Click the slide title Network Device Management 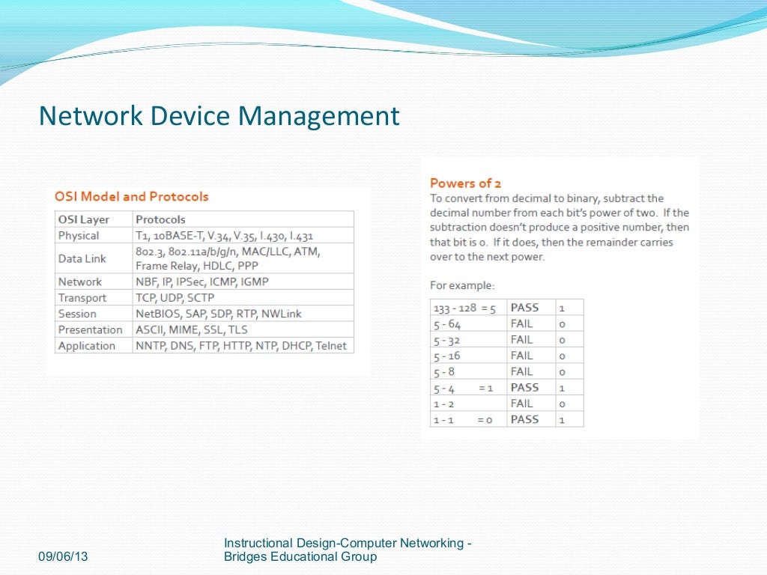[x=219, y=117]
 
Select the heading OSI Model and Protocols [x=132, y=197]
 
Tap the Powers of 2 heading [x=465, y=183]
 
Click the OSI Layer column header [x=84, y=219]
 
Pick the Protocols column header [x=160, y=219]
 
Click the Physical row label [x=79, y=236]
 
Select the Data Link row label [x=82, y=258]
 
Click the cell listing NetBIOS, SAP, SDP [x=219, y=314]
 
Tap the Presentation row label [x=90, y=329]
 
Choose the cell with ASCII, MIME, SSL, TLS [x=192, y=329]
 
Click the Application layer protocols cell [x=241, y=346]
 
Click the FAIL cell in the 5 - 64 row [x=522, y=323]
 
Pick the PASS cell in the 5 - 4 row [x=524, y=388]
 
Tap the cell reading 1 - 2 [x=444, y=404]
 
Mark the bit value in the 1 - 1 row [x=562, y=420]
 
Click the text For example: [x=462, y=285]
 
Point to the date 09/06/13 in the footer [x=62, y=557]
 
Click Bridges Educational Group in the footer [x=300, y=557]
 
